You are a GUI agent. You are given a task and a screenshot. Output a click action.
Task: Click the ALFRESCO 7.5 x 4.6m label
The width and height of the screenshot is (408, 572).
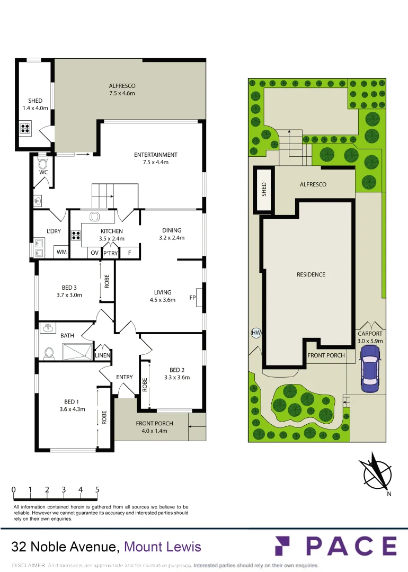pos(122,90)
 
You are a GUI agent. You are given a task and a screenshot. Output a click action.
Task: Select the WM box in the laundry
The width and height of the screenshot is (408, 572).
pos(62,253)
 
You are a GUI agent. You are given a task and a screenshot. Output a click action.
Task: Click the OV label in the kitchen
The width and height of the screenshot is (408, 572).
pos(94,253)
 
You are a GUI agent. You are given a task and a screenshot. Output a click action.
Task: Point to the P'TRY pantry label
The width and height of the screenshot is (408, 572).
pos(110,253)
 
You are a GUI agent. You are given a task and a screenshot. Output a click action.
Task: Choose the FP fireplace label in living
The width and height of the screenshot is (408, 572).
pos(193,298)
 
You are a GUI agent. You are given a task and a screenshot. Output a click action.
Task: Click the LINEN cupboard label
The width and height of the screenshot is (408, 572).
pos(102,355)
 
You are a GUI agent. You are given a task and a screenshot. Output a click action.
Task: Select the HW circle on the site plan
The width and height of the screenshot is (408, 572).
pos(256,333)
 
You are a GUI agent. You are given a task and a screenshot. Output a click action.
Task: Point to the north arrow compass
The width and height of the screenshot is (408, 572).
pos(375,471)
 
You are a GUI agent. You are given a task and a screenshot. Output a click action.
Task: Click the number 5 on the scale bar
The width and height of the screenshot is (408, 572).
pos(97,490)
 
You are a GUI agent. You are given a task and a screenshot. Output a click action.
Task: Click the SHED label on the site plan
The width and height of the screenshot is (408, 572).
pos(264,190)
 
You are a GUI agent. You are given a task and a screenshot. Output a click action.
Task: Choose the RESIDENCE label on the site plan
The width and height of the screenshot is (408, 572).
pos(311,274)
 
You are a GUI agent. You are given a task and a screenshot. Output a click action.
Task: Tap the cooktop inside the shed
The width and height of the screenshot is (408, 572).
pos(25,127)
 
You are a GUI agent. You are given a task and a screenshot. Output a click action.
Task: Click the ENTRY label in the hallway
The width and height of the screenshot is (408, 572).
pos(125,377)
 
